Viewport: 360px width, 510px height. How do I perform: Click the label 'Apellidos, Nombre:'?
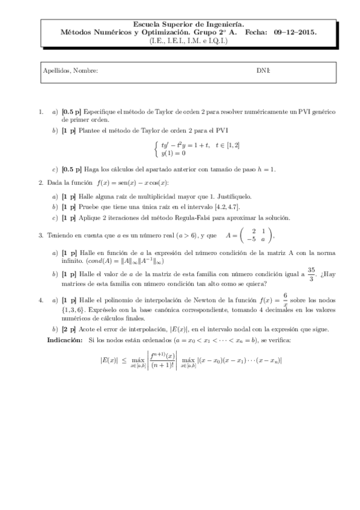point(70,71)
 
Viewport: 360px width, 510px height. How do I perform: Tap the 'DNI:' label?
point(263,71)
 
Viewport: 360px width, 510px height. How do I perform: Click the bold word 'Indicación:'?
point(65,340)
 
